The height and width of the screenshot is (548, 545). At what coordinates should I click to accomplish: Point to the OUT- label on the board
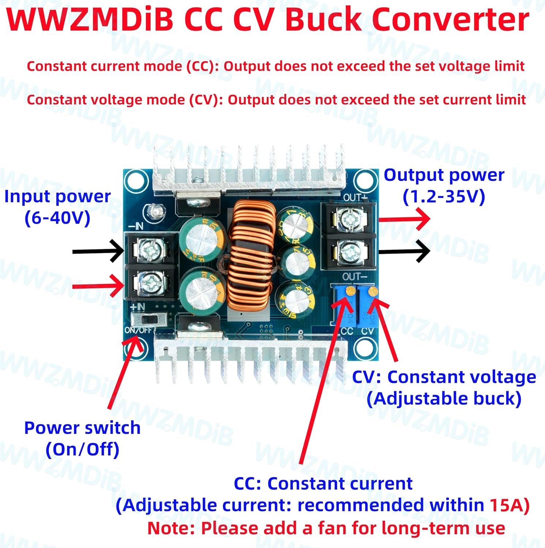[x=352, y=277]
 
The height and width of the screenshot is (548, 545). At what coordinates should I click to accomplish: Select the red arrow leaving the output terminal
[x=404, y=219]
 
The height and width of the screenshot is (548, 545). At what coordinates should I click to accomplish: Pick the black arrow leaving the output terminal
[x=404, y=251]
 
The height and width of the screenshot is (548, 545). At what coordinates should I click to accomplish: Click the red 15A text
[x=506, y=505]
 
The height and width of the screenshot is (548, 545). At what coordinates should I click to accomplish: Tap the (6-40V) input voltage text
[x=57, y=218]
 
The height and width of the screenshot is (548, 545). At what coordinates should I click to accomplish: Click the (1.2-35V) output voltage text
[x=444, y=197]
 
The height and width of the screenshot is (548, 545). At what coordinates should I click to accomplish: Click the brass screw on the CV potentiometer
[x=373, y=291]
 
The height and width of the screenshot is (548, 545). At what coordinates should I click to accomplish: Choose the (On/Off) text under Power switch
[x=82, y=449]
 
